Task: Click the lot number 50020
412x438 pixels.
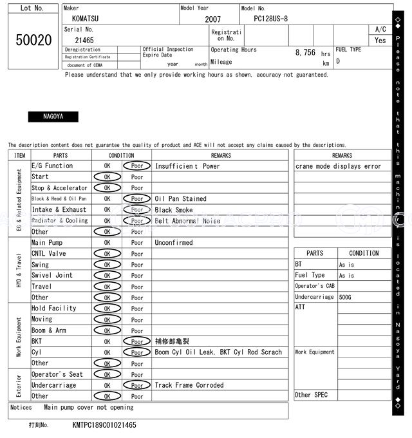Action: (x=33, y=40)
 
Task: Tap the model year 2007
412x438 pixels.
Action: (x=212, y=19)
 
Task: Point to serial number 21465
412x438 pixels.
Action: (x=84, y=40)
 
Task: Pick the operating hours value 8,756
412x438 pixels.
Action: (x=305, y=52)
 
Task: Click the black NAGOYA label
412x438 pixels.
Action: (x=53, y=117)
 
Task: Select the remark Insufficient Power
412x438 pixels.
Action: (x=187, y=166)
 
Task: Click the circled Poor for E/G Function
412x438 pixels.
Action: (x=136, y=166)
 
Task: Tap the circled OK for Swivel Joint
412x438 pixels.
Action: (x=107, y=276)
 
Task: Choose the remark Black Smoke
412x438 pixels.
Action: (x=174, y=210)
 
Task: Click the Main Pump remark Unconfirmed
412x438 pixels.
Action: (x=174, y=243)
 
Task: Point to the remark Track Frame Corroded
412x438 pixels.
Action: (x=189, y=385)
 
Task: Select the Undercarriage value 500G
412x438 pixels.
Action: (x=346, y=297)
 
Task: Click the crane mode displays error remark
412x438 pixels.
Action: (x=339, y=166)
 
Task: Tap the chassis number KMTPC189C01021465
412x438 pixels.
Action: (x=104, y=425)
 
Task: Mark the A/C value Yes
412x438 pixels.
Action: (x=380, y=40)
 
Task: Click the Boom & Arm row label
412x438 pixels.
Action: (x=49, y=330)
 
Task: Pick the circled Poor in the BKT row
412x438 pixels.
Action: (x=136, y=341)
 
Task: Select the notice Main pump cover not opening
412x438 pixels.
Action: (x=89, y=407)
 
